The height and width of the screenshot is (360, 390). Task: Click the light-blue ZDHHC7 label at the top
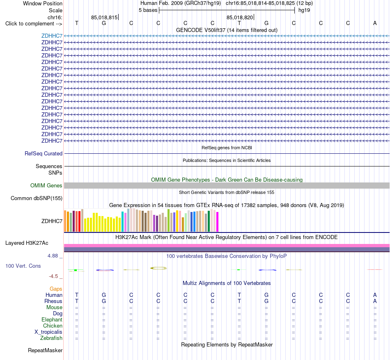(52, 36)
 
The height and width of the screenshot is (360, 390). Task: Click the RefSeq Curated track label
(44, 153)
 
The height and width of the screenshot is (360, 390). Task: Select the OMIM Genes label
(46, 186)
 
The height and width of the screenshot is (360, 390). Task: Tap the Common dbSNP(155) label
(37, 198)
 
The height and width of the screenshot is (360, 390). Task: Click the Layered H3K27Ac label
(27, 243)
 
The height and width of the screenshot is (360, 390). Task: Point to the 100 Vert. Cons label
(23, 266)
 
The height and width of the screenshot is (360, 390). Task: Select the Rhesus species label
(53, 301)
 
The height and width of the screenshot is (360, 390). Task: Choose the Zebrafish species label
(51, 338)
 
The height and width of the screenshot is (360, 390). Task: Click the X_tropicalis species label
(48, 332)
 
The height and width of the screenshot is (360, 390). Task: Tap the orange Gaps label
(56, 289)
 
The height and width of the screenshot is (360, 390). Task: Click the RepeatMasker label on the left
(45, 350)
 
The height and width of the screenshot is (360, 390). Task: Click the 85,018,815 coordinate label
(104, 17)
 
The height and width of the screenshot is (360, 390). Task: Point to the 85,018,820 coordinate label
(240, 17)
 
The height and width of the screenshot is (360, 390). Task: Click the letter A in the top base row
(375, 23)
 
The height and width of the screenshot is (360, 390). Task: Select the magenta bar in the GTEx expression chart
(218, 222)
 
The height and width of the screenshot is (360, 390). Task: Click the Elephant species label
(52, 320)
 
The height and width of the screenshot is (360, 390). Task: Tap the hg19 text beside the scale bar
(304, 10)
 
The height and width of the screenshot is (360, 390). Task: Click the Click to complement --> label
(34, 24)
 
